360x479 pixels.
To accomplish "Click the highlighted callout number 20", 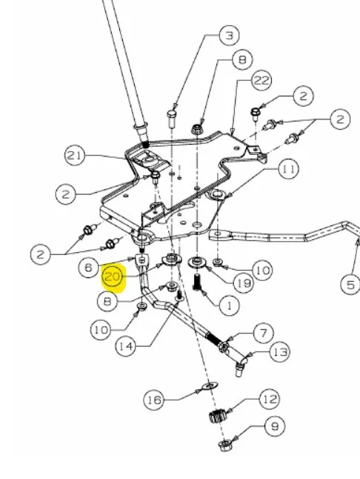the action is point(113,277).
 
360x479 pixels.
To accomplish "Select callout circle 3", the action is point(229,36).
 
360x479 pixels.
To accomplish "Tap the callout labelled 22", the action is point(261,80).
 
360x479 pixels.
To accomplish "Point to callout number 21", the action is point(74,156).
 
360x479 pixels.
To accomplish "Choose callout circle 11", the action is point(289,169).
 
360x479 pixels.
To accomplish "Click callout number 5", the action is point(350,285).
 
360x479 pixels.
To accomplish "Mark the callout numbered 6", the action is point(88,268).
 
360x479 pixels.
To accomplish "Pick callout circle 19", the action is point(244,283).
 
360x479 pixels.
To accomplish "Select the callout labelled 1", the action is point(229,305).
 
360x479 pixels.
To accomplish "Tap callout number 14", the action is point(126,346).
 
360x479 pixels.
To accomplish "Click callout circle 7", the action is point(264,333).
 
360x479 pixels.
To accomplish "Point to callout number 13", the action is point(280,352).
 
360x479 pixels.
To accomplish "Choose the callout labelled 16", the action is point(154,400).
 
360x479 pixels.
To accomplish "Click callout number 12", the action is point(270,399).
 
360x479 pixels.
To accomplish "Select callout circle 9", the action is point(275,426).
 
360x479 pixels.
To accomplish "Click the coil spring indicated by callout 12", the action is point(218,416).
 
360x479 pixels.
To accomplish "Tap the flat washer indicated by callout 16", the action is point(210,386).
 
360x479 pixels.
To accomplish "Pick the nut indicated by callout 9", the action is point(225,444).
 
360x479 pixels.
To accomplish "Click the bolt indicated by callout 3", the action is point(172,119).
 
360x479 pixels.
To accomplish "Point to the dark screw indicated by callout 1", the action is point(197,282).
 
